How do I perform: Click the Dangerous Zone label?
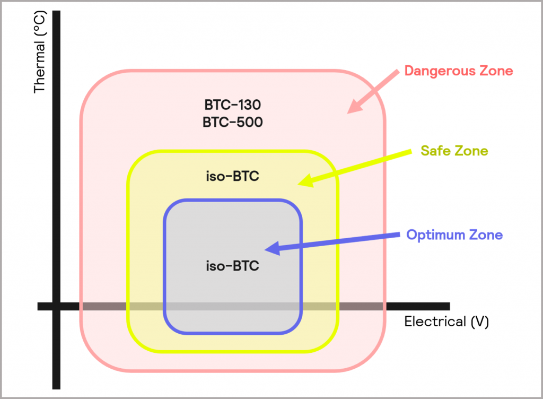(x=459, y=71)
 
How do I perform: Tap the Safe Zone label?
(x=454, y=151)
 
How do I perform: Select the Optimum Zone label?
(x=454, y=235)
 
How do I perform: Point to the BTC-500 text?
(x=232, y=123)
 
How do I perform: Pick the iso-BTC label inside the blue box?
(x=232, y=266)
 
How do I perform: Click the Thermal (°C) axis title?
(x=40, y=54)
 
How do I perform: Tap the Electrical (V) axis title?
(x=446, y=322)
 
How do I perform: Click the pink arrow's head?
(x=352, y=108)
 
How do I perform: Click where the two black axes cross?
(x=56, y=306)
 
